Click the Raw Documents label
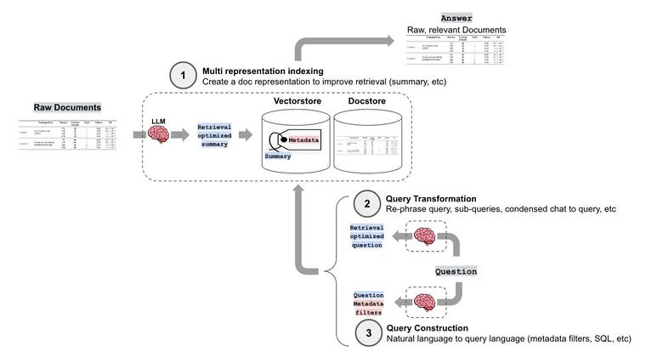[x=67, y=108]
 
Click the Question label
[x=456, y=271]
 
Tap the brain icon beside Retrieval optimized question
[x=423, y=235]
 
